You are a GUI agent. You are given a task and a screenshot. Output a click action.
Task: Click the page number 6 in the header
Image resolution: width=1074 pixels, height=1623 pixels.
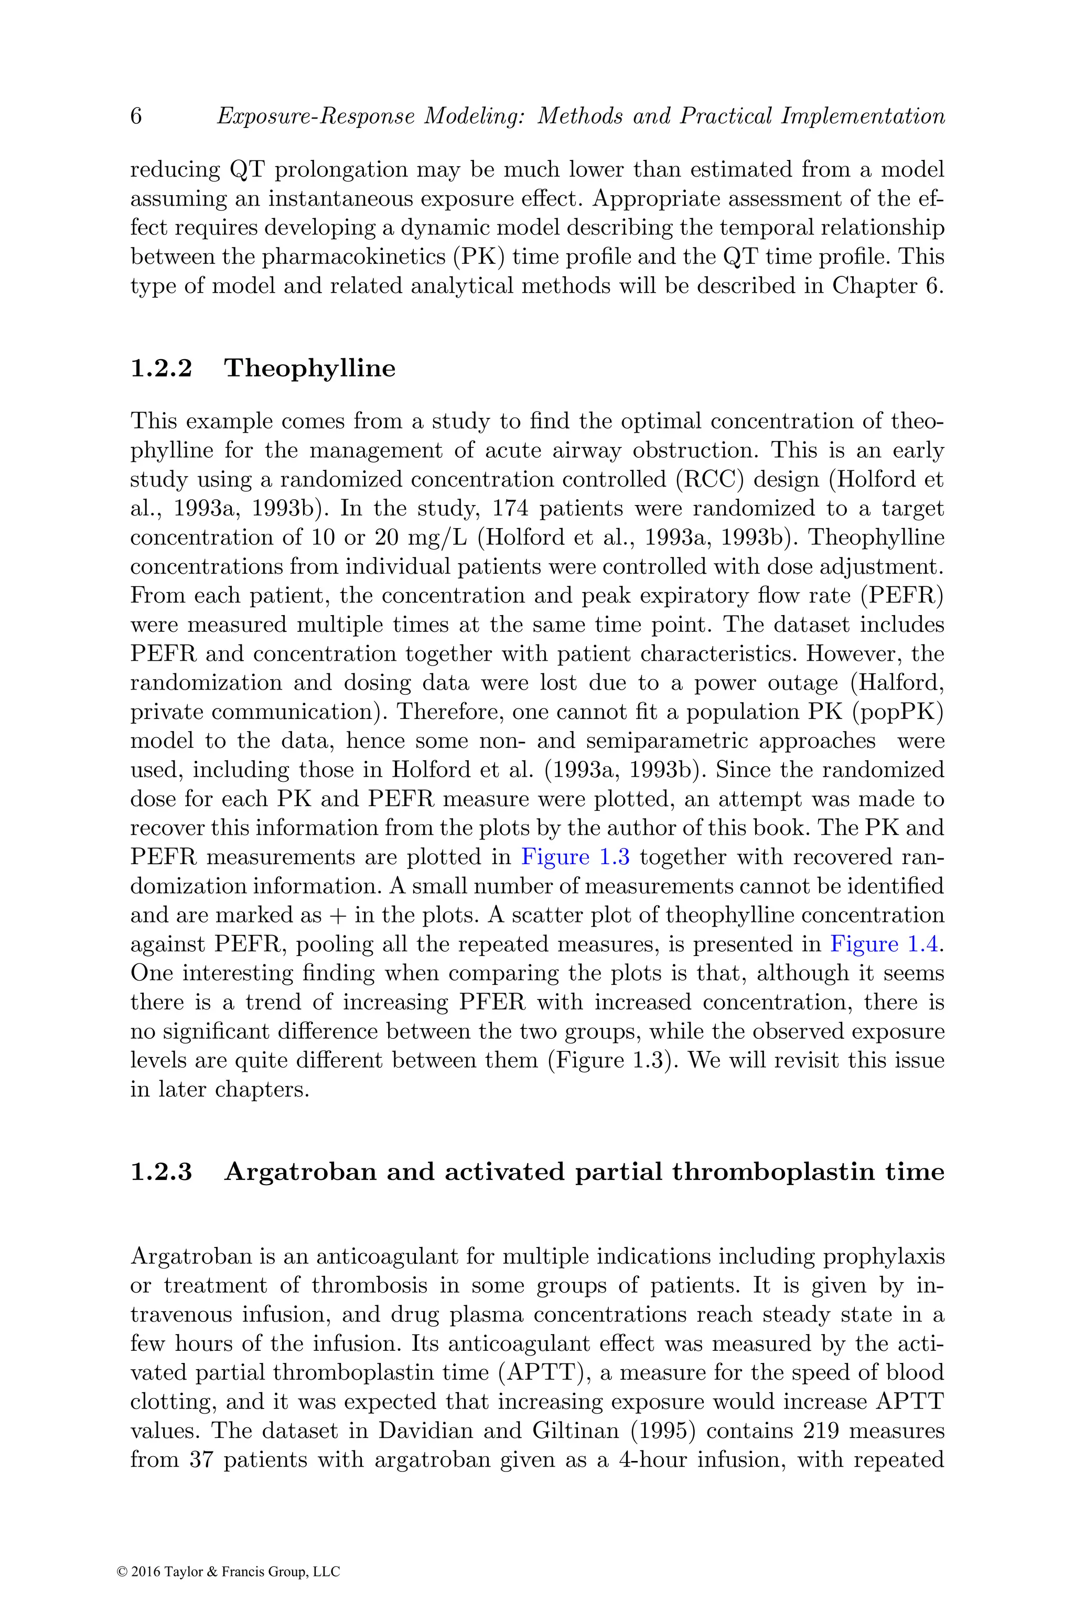pyautogui.click(x=136, y=116)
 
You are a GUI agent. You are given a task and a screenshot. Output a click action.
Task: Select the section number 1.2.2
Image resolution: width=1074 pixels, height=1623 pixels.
pyautogui.click(x=161, y=369)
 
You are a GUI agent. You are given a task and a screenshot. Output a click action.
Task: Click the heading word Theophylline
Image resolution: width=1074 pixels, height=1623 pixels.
pyautogui.click(x=309, y=369)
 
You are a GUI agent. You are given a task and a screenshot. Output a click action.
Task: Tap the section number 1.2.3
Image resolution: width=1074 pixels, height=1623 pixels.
pyautogui.click(x=161, y=1171)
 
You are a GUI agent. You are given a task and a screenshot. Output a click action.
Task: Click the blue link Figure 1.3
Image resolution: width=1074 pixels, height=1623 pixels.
pyautogui.click(x=575, y=857)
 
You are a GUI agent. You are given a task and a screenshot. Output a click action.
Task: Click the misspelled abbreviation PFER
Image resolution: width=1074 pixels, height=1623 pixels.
pyautogui.click(x=488, y=1003)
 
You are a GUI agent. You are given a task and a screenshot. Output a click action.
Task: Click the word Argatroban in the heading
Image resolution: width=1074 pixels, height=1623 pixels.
pyautogui.click(x=300, y=1171)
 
